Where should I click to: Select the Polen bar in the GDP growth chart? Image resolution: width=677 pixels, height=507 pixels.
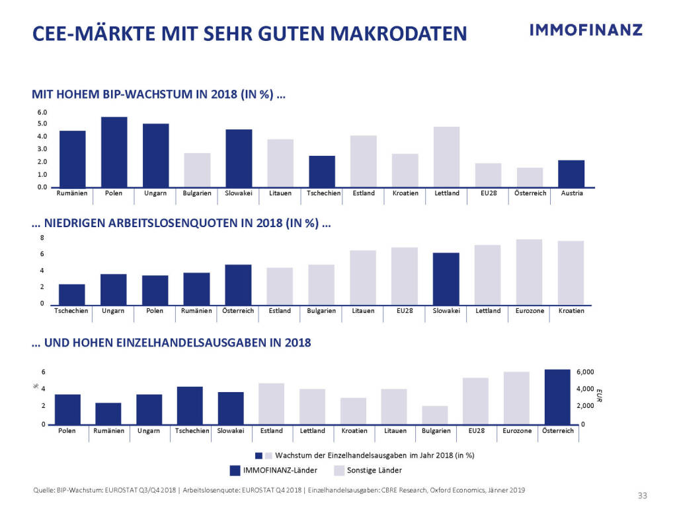coord(114,152)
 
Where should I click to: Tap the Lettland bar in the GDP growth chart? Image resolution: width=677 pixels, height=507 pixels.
coord(446,157)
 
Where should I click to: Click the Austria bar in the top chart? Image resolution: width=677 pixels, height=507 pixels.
coord(571,174)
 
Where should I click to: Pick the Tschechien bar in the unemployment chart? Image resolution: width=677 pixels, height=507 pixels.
coord(72,294)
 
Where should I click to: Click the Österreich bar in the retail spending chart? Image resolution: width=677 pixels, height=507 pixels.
coord(557,397)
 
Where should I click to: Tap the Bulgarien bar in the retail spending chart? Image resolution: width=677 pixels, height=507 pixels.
coord(434,415)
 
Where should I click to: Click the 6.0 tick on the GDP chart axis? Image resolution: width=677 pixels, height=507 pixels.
coord(42,112)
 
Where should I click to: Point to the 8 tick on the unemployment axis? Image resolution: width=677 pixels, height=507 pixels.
coord(42,238)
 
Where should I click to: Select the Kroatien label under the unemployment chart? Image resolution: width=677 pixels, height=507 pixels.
coord(571,311)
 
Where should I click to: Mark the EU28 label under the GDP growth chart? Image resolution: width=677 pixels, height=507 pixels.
coord(488,193)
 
